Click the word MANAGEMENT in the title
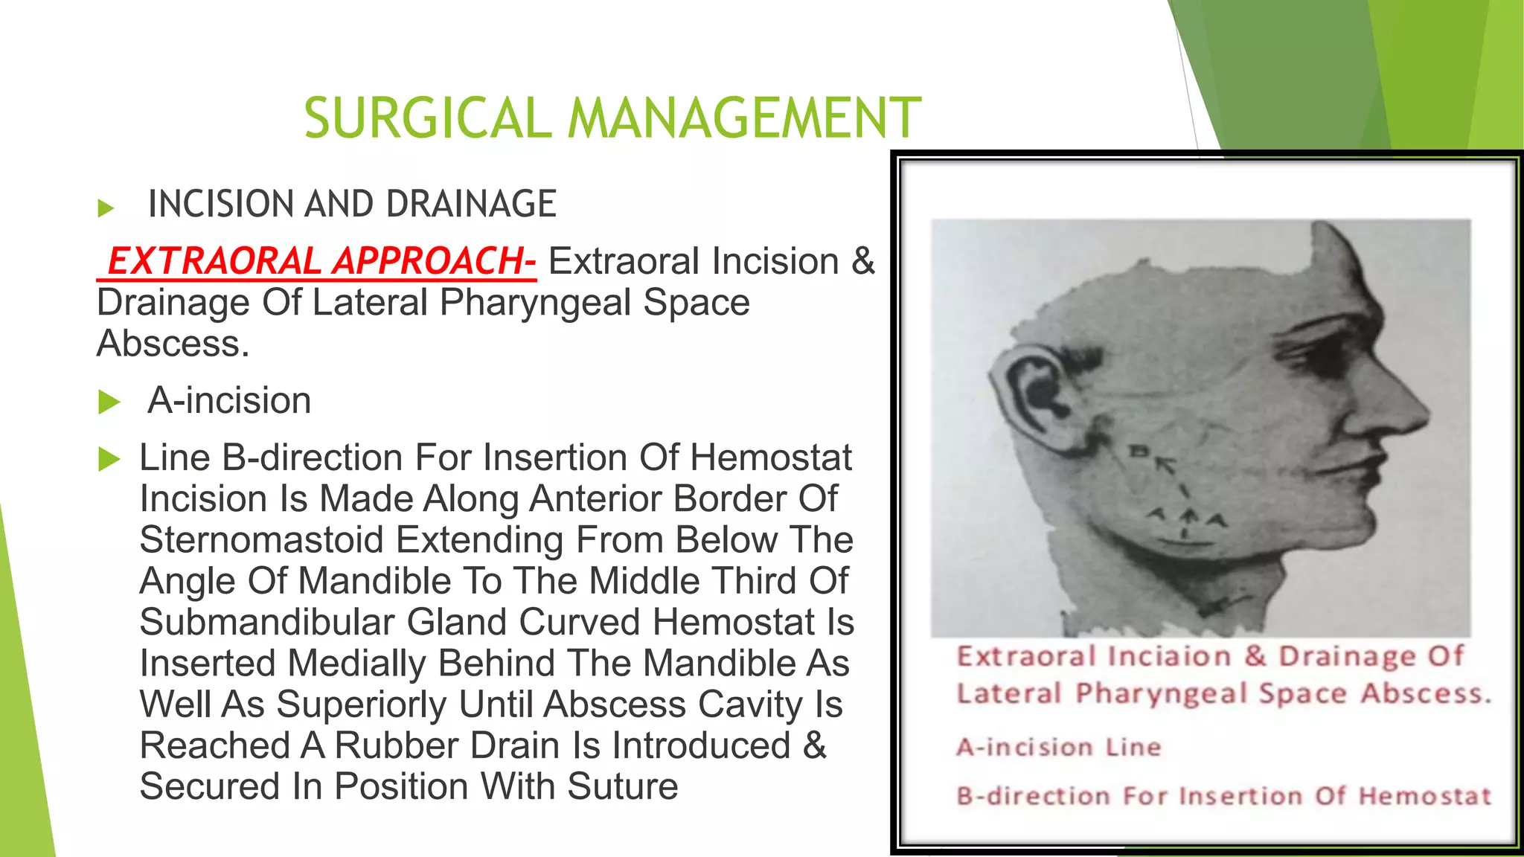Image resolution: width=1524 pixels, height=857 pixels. [744, 118]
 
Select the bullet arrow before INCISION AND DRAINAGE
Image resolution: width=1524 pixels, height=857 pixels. [106, 208]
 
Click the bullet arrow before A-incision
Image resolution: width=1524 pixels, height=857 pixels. [109, 402]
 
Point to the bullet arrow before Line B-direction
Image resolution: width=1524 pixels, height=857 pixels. [109, 459]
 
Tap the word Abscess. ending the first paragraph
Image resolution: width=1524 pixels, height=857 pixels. [173, 344]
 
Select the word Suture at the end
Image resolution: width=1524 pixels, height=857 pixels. [622, 787]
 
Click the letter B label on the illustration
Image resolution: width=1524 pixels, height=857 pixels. [1139, 451]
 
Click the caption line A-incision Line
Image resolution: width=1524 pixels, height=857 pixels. [1058, 747]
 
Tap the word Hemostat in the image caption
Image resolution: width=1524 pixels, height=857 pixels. [1425, 796]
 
